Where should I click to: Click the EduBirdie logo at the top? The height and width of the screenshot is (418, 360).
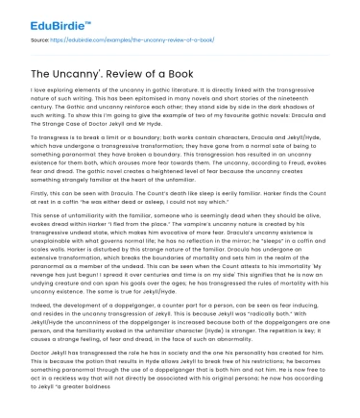point(47,15)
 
